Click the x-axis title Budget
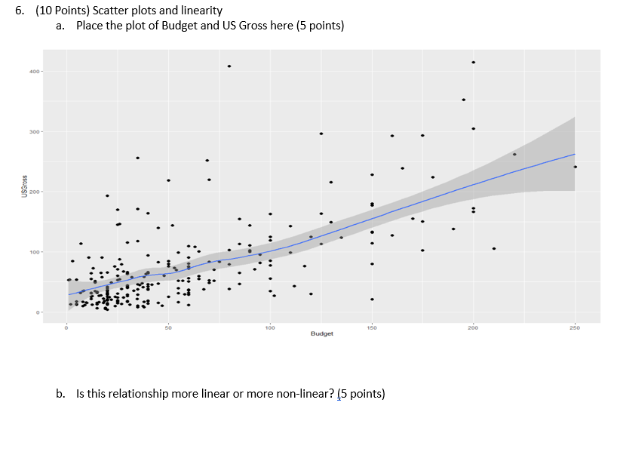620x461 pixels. coord(321,333)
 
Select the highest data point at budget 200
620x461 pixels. coord(473,63)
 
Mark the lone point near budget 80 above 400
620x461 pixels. coord(229,66)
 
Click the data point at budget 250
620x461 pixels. coord(575,167)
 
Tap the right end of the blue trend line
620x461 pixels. coord(574,154)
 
